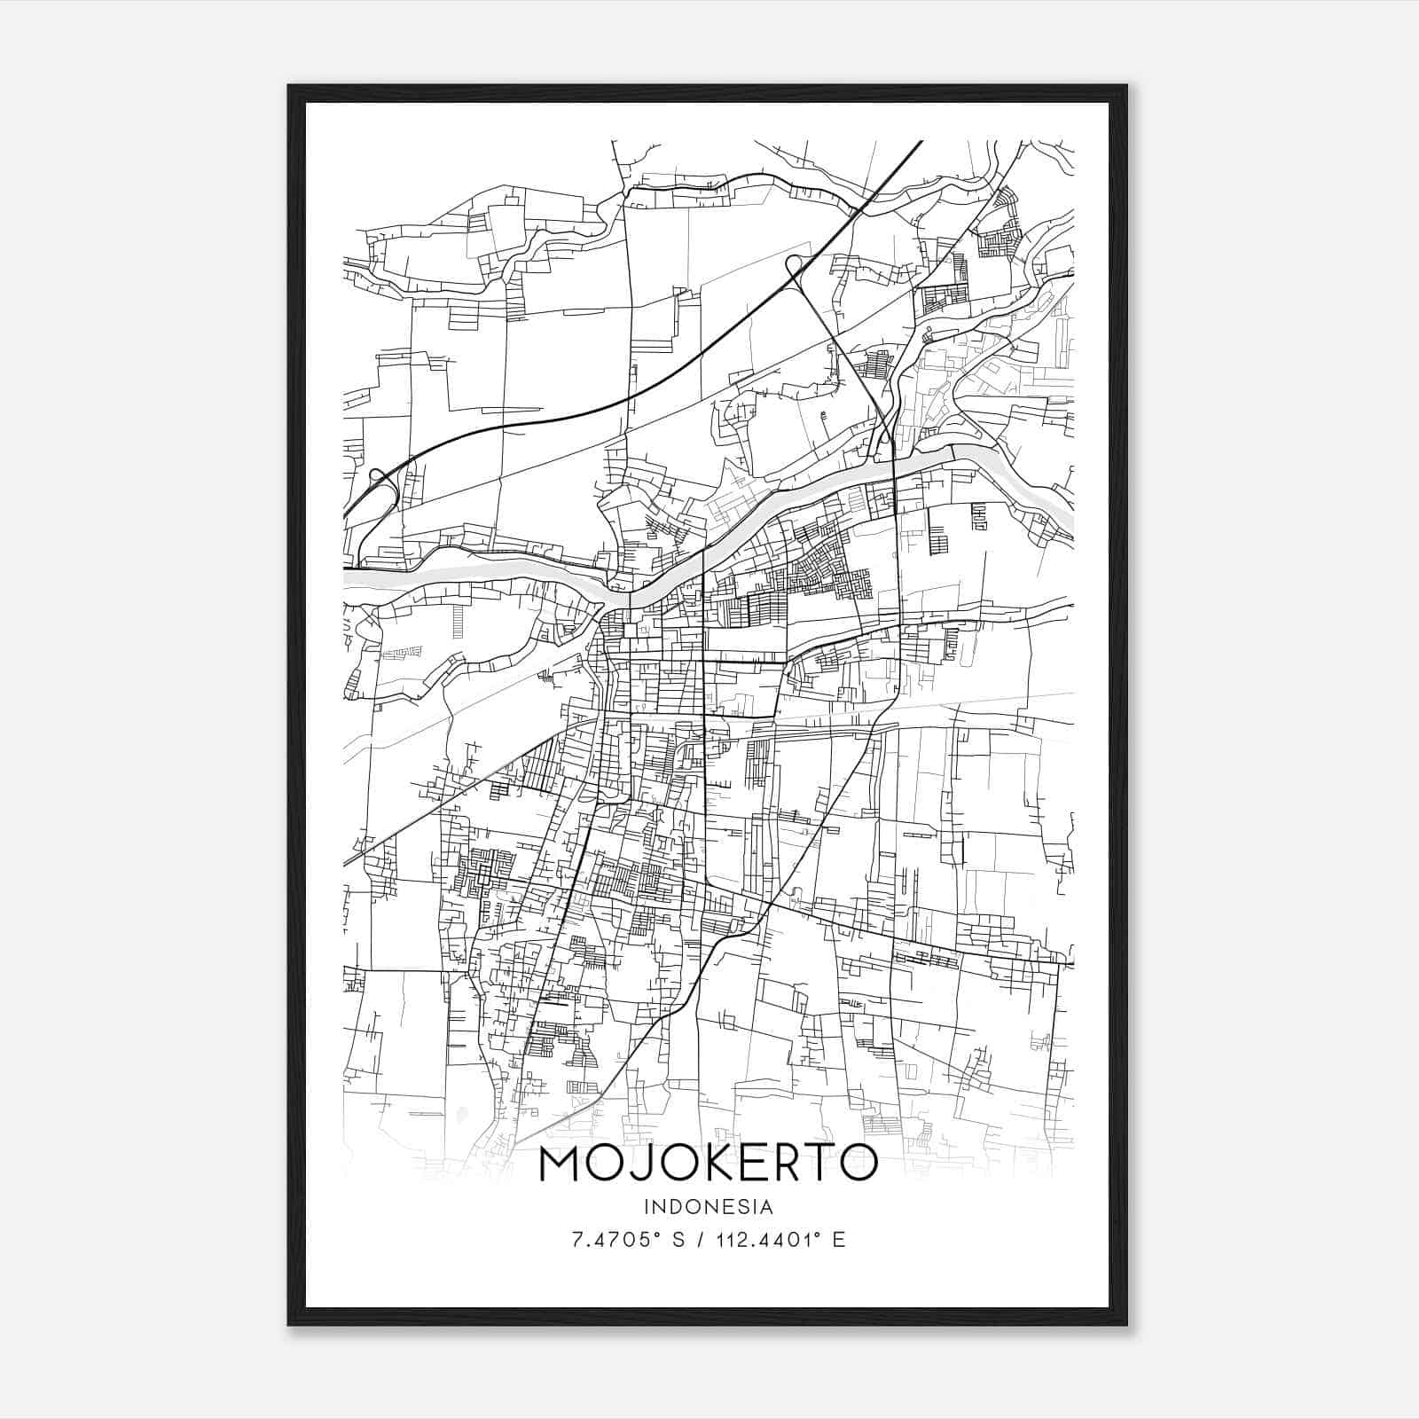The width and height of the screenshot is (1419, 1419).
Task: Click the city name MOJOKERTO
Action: [x=708, y=1164]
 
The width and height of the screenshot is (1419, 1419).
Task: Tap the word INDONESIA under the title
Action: [x=709, y=1207]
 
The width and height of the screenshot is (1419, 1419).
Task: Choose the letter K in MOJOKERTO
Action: [x=709, y=1164]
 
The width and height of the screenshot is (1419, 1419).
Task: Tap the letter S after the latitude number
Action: [x=679, y=1240]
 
